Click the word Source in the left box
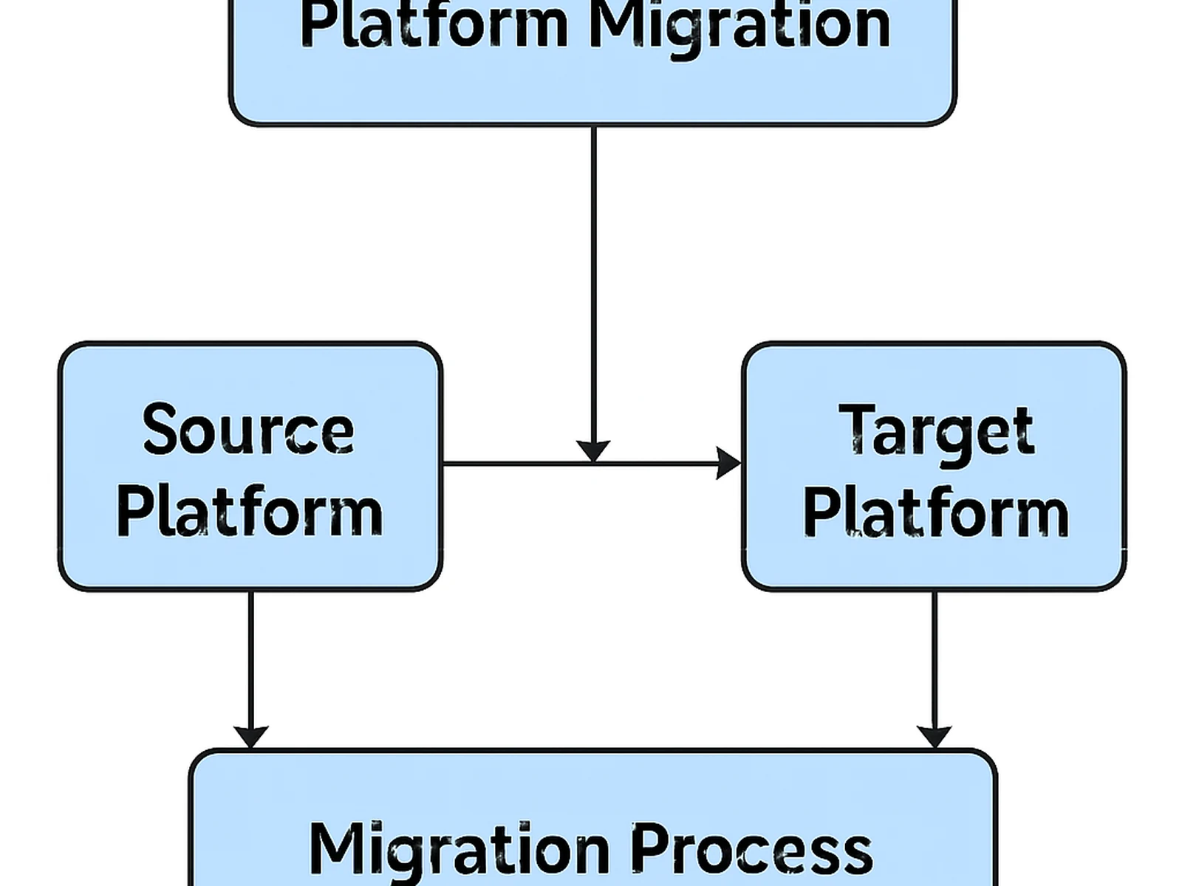[248, 430]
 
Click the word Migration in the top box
[739, 26]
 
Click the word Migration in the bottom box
[459, 849]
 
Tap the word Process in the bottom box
[751, 849]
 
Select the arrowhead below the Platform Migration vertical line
[593, 450]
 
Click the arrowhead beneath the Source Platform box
[251, 735]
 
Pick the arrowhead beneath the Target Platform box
[935, 735]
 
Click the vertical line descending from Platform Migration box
[593, 281]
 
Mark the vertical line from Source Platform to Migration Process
[251, 657]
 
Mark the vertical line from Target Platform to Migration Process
[935, 657]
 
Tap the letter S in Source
[161, 430]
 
